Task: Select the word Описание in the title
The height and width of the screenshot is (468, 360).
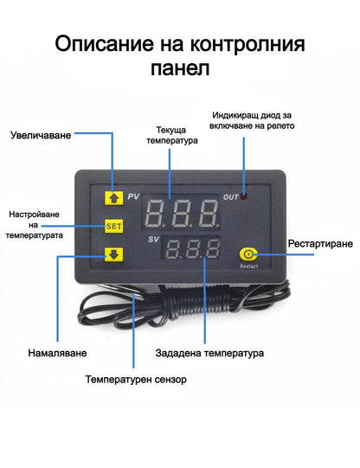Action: point(102,42)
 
